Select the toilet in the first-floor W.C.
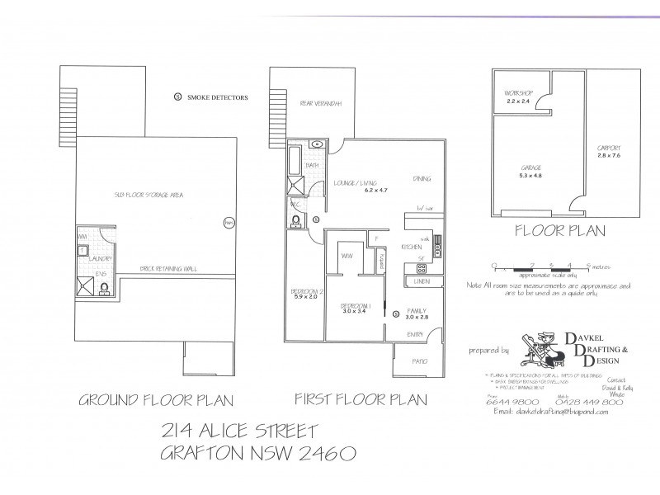coord(297,220)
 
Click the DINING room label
coord(422,178)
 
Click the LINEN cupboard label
coord(423,283)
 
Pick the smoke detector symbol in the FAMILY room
coord(396,314)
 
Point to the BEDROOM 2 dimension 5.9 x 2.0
coord(300,297)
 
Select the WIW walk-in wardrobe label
coord(348,254)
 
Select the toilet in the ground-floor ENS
coord(106,289)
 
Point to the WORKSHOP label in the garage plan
coord(513,93)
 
